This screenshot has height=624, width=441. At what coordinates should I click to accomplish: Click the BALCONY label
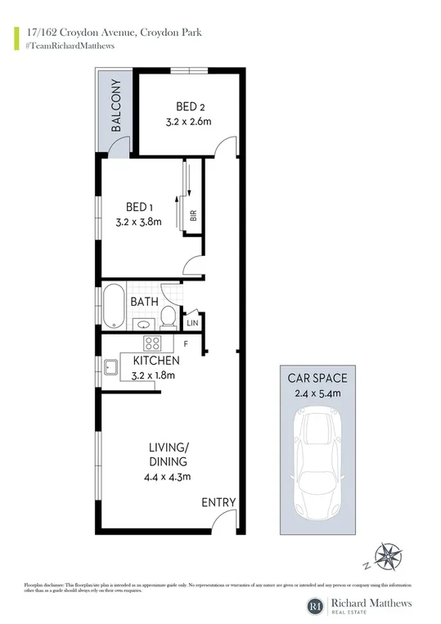click(115, 106)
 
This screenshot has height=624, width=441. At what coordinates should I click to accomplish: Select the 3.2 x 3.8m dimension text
click(139, 222)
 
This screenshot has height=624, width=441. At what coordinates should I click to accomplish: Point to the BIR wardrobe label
click(193, 217)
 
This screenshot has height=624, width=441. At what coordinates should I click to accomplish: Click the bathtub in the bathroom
click(115, 306)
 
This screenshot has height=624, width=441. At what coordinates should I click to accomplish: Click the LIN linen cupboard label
click(193, 323)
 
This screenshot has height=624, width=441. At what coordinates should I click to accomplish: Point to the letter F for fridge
click(186, 343)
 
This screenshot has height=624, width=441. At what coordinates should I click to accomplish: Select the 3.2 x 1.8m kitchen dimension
click(153, 376)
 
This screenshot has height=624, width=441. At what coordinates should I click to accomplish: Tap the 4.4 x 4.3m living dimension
click(169, 475)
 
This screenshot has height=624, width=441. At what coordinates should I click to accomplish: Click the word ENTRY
click(218, 502)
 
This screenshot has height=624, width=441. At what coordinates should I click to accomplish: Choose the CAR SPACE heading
click(317, 378)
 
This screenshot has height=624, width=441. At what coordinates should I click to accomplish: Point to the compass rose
click(386, 558)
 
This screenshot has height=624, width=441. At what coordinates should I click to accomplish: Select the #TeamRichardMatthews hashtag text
click(70, 46)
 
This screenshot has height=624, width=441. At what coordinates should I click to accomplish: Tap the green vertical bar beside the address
click(17, 38)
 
